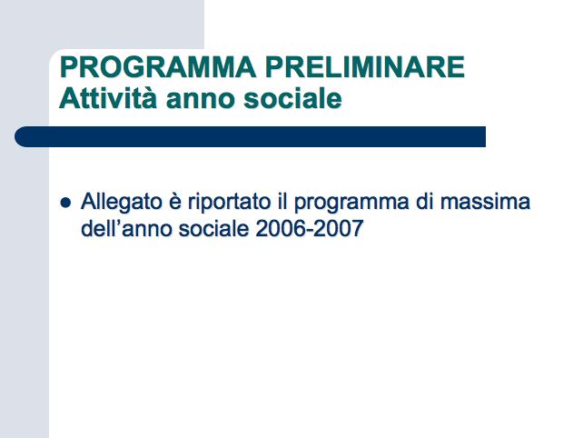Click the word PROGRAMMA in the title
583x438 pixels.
(158, 67)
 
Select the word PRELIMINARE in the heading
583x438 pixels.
(365, 67)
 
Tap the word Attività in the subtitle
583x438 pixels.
(108, 99)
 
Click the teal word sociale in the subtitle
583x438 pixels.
(292, 99)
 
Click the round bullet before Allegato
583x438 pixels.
(65, 203)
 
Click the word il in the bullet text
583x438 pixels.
(282, 202)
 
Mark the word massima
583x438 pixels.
(485, 202)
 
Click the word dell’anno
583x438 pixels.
(126, 228)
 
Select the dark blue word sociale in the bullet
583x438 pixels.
(213, 228)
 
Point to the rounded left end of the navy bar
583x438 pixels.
(15, 136)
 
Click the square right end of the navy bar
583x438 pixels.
(485, 136)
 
